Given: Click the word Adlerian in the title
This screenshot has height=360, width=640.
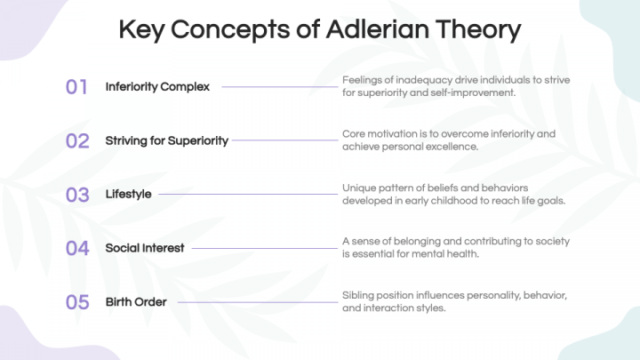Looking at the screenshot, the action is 377,29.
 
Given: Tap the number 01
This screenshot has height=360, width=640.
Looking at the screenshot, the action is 76,87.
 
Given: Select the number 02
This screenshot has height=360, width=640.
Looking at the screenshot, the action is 77,140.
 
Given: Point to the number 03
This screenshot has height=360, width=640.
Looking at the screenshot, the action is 77,195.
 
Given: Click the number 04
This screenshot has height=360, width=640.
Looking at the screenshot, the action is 77,248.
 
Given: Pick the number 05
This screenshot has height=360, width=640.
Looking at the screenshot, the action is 77,302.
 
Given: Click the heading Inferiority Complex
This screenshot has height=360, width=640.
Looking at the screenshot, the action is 157,86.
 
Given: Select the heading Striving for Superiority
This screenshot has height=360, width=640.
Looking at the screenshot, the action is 166,140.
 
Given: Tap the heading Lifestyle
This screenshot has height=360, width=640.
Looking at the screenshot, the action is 128,195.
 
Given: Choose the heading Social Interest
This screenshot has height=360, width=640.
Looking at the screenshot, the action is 145,248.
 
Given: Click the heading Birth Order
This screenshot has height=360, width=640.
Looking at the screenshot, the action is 136,302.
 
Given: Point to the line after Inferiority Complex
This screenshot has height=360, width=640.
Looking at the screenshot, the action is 280,86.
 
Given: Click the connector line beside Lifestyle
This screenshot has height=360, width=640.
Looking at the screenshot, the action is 248,195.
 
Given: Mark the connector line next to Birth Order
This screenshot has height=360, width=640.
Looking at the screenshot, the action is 258,302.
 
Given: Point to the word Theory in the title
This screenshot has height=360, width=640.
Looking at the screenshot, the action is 478,30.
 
